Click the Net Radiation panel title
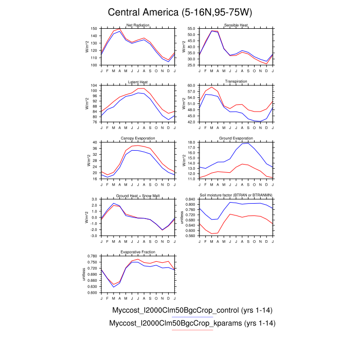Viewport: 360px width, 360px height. [137, 25]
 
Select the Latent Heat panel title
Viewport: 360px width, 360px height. [137, 82]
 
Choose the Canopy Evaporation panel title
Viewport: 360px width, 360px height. [137, 139]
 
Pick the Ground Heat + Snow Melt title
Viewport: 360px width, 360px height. [137, 195]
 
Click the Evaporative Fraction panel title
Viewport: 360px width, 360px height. [137, 252]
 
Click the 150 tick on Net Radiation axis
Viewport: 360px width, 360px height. [94, 29]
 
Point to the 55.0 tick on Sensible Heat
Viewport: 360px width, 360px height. [190, 29]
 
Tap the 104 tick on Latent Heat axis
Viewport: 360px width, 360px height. [94, 85]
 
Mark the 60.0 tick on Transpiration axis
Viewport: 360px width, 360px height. [190, 85]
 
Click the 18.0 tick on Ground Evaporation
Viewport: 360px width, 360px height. [190, 142]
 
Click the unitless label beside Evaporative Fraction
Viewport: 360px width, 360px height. [84, 274]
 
